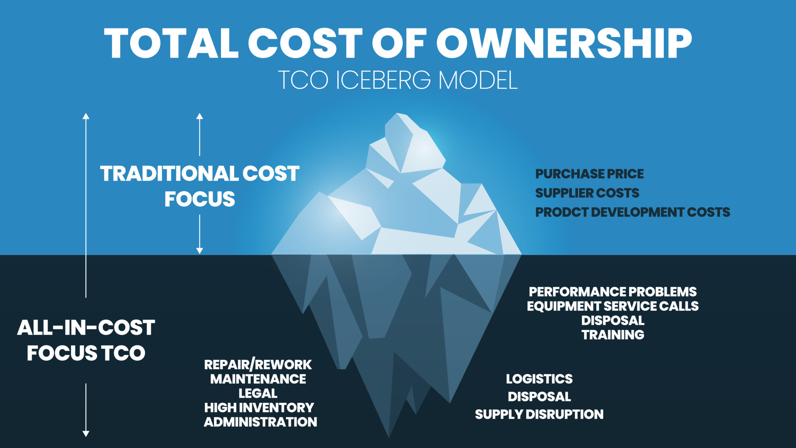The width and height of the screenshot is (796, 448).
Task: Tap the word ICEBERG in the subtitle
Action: tap(383, 80)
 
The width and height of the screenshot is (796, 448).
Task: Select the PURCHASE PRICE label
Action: tap(589, 174)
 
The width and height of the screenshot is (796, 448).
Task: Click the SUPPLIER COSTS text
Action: tap(587, 193)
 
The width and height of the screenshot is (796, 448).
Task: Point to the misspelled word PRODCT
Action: tap(561, 212)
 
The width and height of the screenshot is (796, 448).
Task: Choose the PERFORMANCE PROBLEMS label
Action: tap(612, 292)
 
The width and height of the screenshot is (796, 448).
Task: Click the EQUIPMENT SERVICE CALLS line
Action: tap(612, 306)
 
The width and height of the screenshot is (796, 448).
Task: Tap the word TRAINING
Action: tap(612, 335)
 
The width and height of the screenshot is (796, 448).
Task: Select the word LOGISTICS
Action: tap(539, 379)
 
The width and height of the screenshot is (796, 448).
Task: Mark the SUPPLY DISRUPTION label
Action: tap(539, 414)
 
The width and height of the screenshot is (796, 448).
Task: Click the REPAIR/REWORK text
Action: tap(257, 365)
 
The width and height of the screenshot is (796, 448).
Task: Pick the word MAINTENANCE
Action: tap(258, 379)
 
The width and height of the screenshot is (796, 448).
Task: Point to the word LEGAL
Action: tap(257, 393)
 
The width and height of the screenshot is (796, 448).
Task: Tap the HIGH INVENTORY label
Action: tap(259, 407)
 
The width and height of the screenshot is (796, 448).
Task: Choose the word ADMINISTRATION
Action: tap(260, 422)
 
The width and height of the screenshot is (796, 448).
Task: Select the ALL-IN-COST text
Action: tap(86, 328)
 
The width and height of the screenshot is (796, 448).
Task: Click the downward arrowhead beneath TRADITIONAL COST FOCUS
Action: tap(199, 251)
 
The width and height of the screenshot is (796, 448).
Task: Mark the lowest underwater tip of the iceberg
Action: tap(388, 436)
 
